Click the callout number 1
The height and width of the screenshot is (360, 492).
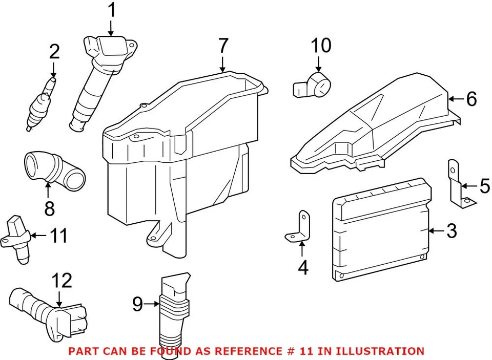click(x=111, y=10)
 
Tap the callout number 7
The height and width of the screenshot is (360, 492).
click(x=222, y=47)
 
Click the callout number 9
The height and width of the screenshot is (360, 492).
click(x=137, y=305)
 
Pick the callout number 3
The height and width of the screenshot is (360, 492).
click(x=451, y=231)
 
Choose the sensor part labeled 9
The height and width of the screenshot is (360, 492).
click(x=173, y=312)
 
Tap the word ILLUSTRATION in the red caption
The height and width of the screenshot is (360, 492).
click(x=377, y=351)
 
